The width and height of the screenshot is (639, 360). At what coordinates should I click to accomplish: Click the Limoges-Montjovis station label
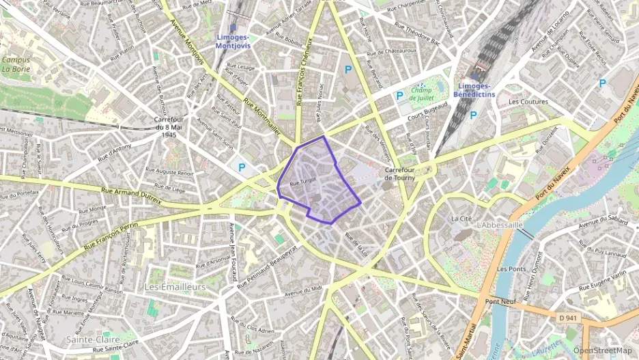(x=233, y=42)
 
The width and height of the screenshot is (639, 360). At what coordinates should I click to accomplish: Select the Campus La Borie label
(x=16, y=64)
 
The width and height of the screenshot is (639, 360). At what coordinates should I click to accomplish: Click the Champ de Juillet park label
(x=423, y=94)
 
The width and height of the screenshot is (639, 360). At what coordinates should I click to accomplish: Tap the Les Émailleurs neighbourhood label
(x=175, y=287)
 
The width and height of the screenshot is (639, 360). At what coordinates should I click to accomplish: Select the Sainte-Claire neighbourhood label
(x=93, y=340)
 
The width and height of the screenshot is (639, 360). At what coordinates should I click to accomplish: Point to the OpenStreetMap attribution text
(x=603, y=350)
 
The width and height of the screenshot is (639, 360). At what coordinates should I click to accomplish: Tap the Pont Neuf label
(x=500, y=301)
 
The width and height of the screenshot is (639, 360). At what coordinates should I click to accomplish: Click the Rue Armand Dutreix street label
(x=131, y=196)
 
